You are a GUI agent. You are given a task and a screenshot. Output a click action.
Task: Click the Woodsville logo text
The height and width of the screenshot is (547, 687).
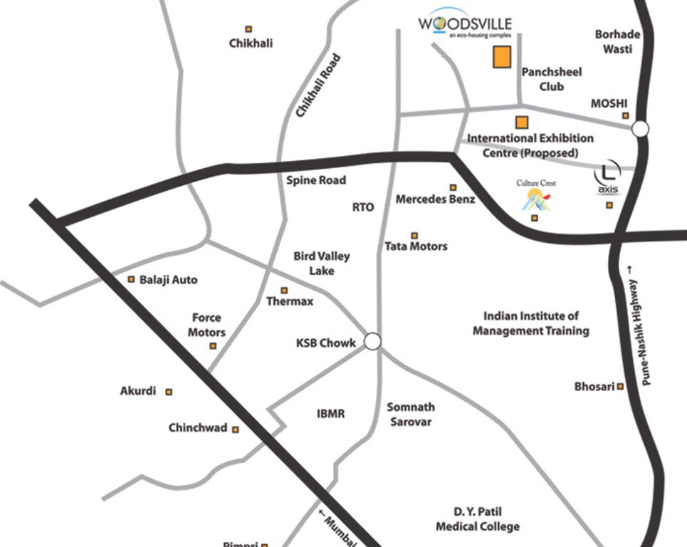(466, 24)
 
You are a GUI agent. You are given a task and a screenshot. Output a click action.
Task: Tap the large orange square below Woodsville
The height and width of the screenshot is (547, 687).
(503, 58)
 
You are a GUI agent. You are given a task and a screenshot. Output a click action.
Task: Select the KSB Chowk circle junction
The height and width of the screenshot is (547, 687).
(372, 342)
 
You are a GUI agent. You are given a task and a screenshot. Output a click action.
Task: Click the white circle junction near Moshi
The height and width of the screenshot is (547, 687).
(641, 129)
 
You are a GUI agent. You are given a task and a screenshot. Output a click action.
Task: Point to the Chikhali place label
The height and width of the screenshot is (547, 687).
(251, 43)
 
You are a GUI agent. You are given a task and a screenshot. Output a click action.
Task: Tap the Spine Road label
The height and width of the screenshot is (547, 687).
(316, 180)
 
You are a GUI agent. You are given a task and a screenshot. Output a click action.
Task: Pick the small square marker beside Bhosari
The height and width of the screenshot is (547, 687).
(621, 387)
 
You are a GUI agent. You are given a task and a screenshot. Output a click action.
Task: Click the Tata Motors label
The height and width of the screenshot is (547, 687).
(416, 246)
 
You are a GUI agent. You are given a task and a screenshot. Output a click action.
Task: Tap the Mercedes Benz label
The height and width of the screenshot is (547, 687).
(435, 199)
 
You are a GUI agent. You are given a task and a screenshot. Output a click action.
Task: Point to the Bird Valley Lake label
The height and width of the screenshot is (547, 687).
(322, 264)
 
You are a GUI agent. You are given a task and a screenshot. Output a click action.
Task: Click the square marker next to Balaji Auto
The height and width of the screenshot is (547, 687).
(131, 279)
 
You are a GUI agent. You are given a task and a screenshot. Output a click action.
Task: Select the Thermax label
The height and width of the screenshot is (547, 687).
(289, 301)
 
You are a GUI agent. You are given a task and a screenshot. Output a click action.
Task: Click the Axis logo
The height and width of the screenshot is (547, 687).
(607, 176)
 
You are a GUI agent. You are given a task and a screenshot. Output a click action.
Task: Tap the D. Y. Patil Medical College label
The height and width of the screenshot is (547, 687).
(477, 519)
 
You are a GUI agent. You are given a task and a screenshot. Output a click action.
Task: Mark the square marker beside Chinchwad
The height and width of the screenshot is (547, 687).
(236, 429)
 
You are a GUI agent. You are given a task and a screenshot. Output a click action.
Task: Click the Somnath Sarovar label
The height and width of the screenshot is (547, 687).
(410, 415)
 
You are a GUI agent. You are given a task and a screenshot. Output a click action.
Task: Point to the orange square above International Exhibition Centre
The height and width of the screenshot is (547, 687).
(522, 122)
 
